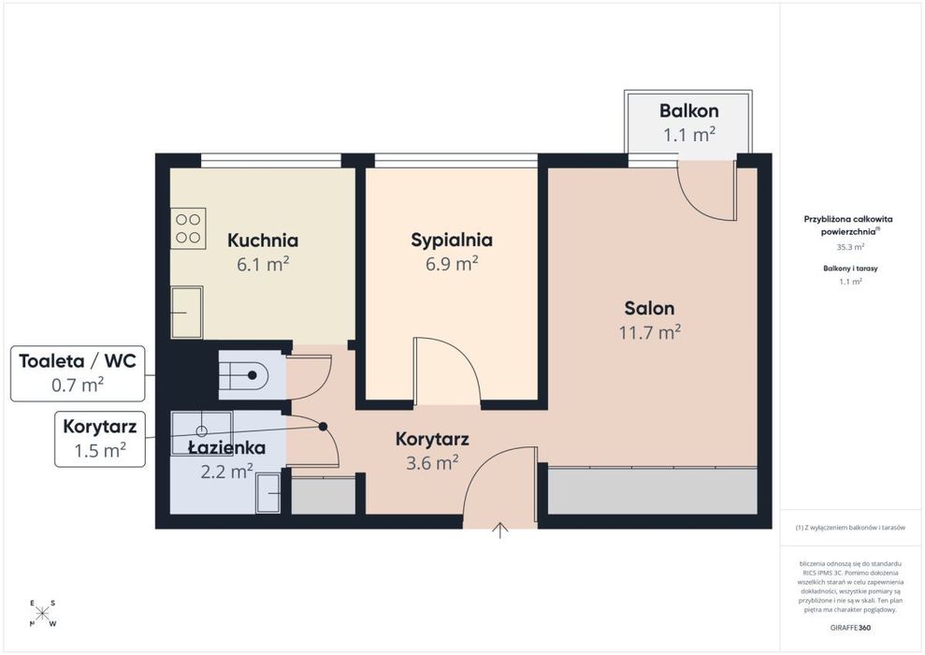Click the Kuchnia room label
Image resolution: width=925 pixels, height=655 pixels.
pyautogui.click(x=263, y=240)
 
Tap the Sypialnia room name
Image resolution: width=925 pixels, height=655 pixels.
pyautogui.click(x=452, y=240)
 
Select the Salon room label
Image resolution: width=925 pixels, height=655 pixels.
pyautogui.click(x=649, y=308)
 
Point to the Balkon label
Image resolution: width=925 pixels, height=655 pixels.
pyautogui.click(x=688, y=111)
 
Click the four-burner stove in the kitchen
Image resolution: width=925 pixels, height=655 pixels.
pyautogui.click(x=188, y=228)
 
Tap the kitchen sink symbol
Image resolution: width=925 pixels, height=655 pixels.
pyautogui.click(x=187, y=313)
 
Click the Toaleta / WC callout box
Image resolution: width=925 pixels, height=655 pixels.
pyautogui.click(x=78, y=373)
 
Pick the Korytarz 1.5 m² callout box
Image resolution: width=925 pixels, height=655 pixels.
pyautogui.click(x=100, y=439)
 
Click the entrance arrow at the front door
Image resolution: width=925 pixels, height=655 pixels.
pyautogui.click(x=500, y=531)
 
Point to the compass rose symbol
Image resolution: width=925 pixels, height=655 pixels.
pyautogui.click(x=42, y=614)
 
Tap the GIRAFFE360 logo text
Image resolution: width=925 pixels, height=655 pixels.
pyautogui.click(x=850, y=627)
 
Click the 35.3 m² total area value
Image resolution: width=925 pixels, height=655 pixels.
pyautogui.click(x=851, y=247)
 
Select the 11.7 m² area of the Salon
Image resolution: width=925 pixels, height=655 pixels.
pyautogui.click(x=649, y=332)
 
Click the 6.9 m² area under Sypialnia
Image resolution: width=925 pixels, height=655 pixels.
pyautogui.click(x=452, y=264)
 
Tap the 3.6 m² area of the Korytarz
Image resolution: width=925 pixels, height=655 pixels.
pyautogui.click(x=432, y=463)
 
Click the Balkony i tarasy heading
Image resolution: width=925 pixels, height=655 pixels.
pyautogui.click(x=850, y=269)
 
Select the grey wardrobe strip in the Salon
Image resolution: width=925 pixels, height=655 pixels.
pyautogui.click(x=653, y=491)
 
